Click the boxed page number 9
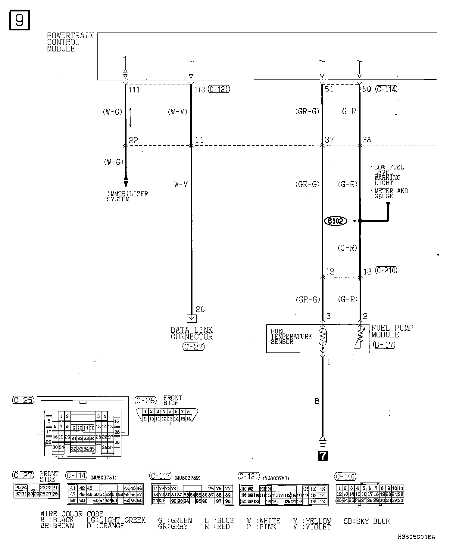tap(20, 20)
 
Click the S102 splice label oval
tap(335, 221)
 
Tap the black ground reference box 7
tap(323, 456)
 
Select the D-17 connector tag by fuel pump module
tap(383, 345)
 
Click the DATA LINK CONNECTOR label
tap(192, 333)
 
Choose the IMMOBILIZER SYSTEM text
tap(127, 197)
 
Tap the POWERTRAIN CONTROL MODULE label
tap(70, 42)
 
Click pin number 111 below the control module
tap(134, 90)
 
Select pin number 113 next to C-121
tap(199, 90)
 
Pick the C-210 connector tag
tap(386, 271)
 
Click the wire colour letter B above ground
tap(317, 401)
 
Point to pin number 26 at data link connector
tap(200, 309)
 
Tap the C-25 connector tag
tap(23, 400)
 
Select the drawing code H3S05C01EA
tap(416, 537)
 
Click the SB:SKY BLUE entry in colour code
tap(366, 521)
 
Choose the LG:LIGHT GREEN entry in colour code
tap(116, 520)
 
